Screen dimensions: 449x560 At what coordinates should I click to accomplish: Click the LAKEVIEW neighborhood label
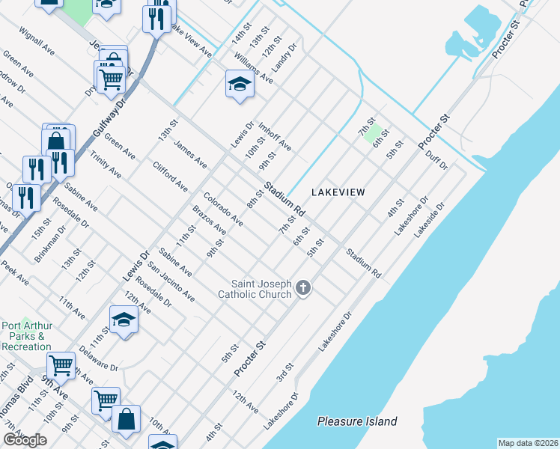click(338, 192)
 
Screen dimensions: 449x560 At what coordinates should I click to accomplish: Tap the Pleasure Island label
click(356, 421)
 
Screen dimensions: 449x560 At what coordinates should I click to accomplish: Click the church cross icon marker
click(303, 287)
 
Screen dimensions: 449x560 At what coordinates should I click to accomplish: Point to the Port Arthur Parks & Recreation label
click(26, 336)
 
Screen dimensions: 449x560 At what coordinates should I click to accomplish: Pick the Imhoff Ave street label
click(275, 136)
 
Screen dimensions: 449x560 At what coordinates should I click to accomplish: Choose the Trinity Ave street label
click(106, 164)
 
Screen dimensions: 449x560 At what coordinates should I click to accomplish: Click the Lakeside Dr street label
click(430, 218)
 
